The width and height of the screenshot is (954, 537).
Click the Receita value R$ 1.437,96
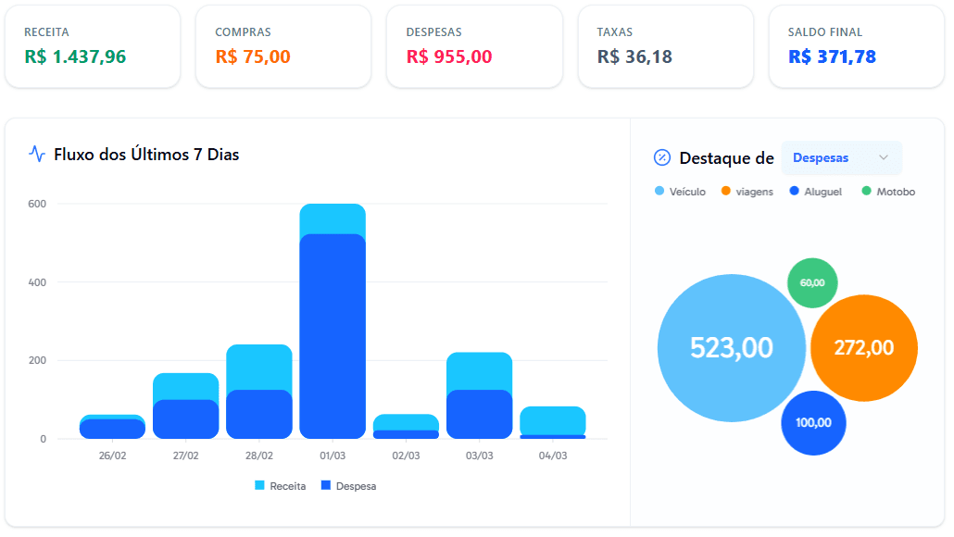75,56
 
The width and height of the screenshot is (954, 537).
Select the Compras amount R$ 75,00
253,56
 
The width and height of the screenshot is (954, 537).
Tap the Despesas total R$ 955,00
449,56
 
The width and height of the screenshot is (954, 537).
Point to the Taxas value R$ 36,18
634,56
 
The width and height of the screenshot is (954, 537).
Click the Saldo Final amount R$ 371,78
832,56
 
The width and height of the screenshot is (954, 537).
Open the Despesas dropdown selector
841,158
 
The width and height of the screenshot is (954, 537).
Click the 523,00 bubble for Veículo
731,348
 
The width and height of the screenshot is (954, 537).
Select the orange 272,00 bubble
863,348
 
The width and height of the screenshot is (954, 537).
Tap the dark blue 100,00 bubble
813,423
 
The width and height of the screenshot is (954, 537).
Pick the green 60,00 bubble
812,282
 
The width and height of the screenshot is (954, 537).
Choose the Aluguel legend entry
816,192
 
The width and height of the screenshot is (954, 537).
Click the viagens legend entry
747,192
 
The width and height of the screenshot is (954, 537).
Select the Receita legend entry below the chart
281,486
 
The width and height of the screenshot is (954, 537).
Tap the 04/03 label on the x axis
553,456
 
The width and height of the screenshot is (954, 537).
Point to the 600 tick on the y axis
37,204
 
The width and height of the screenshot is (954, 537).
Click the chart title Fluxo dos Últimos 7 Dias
146,155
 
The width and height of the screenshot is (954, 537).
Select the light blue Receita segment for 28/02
259,367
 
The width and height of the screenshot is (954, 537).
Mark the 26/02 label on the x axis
113,456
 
